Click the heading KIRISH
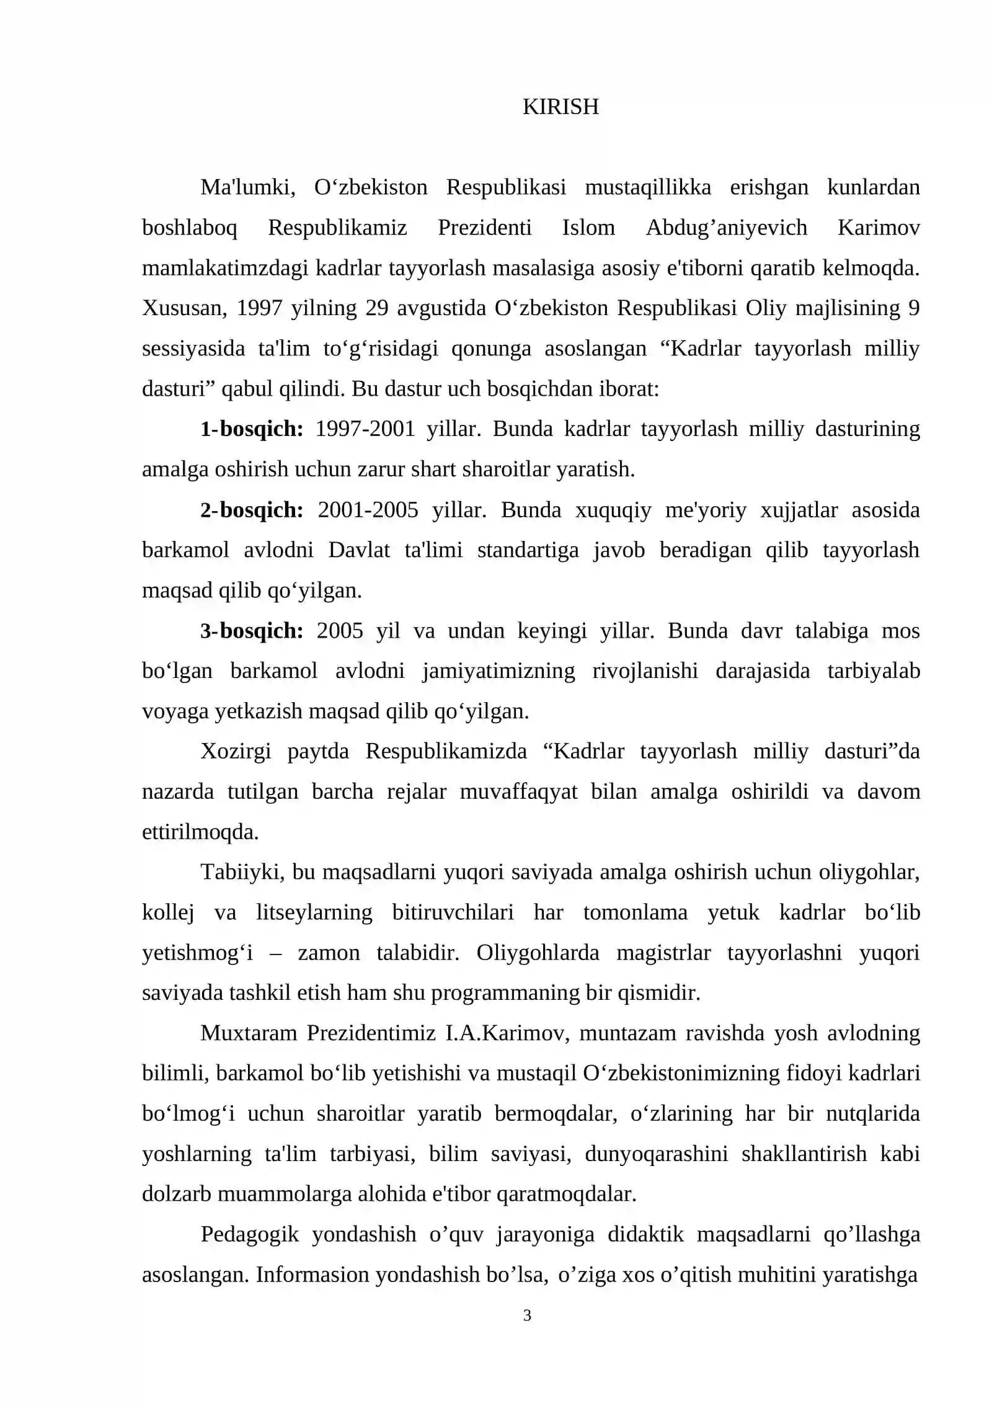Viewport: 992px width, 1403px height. coord(560,107)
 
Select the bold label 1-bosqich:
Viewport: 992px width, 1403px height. coord(252,429)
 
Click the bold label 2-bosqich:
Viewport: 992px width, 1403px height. coord(252,510)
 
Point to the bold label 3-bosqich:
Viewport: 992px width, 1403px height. coord(252,631)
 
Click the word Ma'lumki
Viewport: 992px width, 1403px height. coord(247,187)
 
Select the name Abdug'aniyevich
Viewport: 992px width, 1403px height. coord(727,228)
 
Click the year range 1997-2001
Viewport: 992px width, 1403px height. coord(365,429)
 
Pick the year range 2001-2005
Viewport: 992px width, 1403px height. coord(368,510)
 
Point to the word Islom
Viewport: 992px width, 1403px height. coord(588,228)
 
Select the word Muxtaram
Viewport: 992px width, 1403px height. coord(249,1033)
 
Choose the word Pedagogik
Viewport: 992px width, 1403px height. coord(250,1234)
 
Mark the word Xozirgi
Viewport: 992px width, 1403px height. coord(236,751)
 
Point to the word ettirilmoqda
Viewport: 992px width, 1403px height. coord(200,832)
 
